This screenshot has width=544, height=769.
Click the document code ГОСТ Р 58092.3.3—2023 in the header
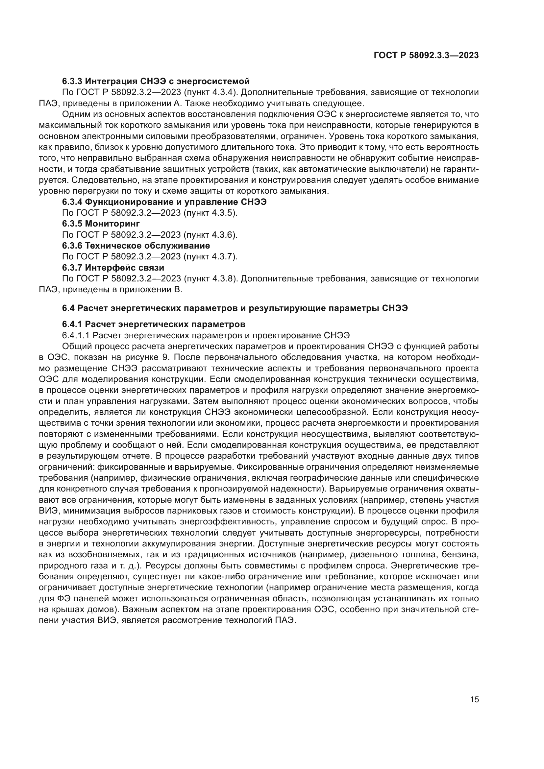coord(426,56)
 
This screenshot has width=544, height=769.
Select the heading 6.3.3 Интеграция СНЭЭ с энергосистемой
coord(156,82)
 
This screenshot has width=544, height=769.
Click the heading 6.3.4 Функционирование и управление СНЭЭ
coord(164,202)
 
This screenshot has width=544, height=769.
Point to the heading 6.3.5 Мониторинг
coord(101,223)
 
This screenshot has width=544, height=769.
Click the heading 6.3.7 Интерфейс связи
coord(113,268)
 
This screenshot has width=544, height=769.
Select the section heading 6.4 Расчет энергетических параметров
coord(235,308)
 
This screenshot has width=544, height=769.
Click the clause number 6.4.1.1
coord(76,335)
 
